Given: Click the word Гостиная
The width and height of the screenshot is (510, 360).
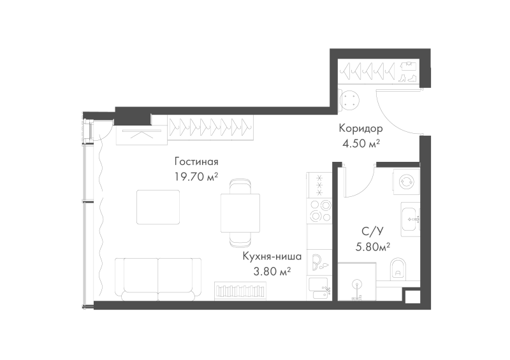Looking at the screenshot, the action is tap(196, 161).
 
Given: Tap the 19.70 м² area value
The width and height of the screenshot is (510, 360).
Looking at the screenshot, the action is tap(196, 176).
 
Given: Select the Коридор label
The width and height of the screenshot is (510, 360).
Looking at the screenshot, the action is tap(361, 129).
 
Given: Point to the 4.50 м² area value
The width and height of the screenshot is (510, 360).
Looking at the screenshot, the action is tap(361, 143).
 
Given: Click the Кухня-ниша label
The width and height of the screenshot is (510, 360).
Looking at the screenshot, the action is tap(272, 256).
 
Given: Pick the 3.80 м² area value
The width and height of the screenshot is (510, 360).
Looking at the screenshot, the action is tap(272, 271).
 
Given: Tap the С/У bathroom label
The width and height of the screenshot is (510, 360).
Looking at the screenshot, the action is tap(373, 231).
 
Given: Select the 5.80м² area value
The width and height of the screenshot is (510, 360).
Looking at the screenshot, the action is tap(373, 247).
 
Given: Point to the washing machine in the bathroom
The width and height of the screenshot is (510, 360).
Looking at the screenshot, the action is tap(406, 182).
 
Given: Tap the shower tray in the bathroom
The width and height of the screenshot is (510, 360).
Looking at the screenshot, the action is tap(357, 281).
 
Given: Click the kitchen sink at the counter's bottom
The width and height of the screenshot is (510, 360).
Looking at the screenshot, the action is tap(319, 289).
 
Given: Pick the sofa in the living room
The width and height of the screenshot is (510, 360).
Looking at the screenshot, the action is tap(158, 279).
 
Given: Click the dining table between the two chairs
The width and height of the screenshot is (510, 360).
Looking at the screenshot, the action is tap(240, 213).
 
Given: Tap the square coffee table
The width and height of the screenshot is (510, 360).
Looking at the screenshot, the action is tap(158, 207).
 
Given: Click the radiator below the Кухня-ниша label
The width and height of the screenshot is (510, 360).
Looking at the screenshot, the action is tap(240, 291).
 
